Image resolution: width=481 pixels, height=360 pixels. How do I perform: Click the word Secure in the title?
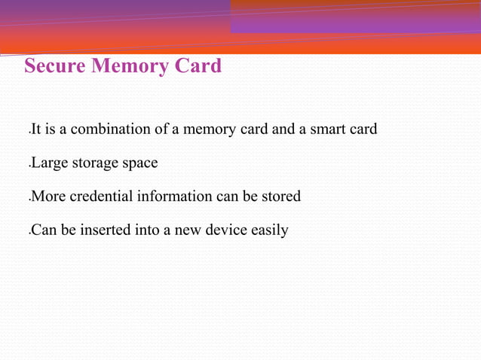[x=55, y=66]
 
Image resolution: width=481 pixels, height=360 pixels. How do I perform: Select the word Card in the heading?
[x=198, y=66]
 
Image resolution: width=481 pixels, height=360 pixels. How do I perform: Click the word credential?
[x=101, y=197]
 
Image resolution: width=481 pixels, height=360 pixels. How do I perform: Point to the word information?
[x=174, y=197]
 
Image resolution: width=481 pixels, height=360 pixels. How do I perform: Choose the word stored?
[x=280, y=197]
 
